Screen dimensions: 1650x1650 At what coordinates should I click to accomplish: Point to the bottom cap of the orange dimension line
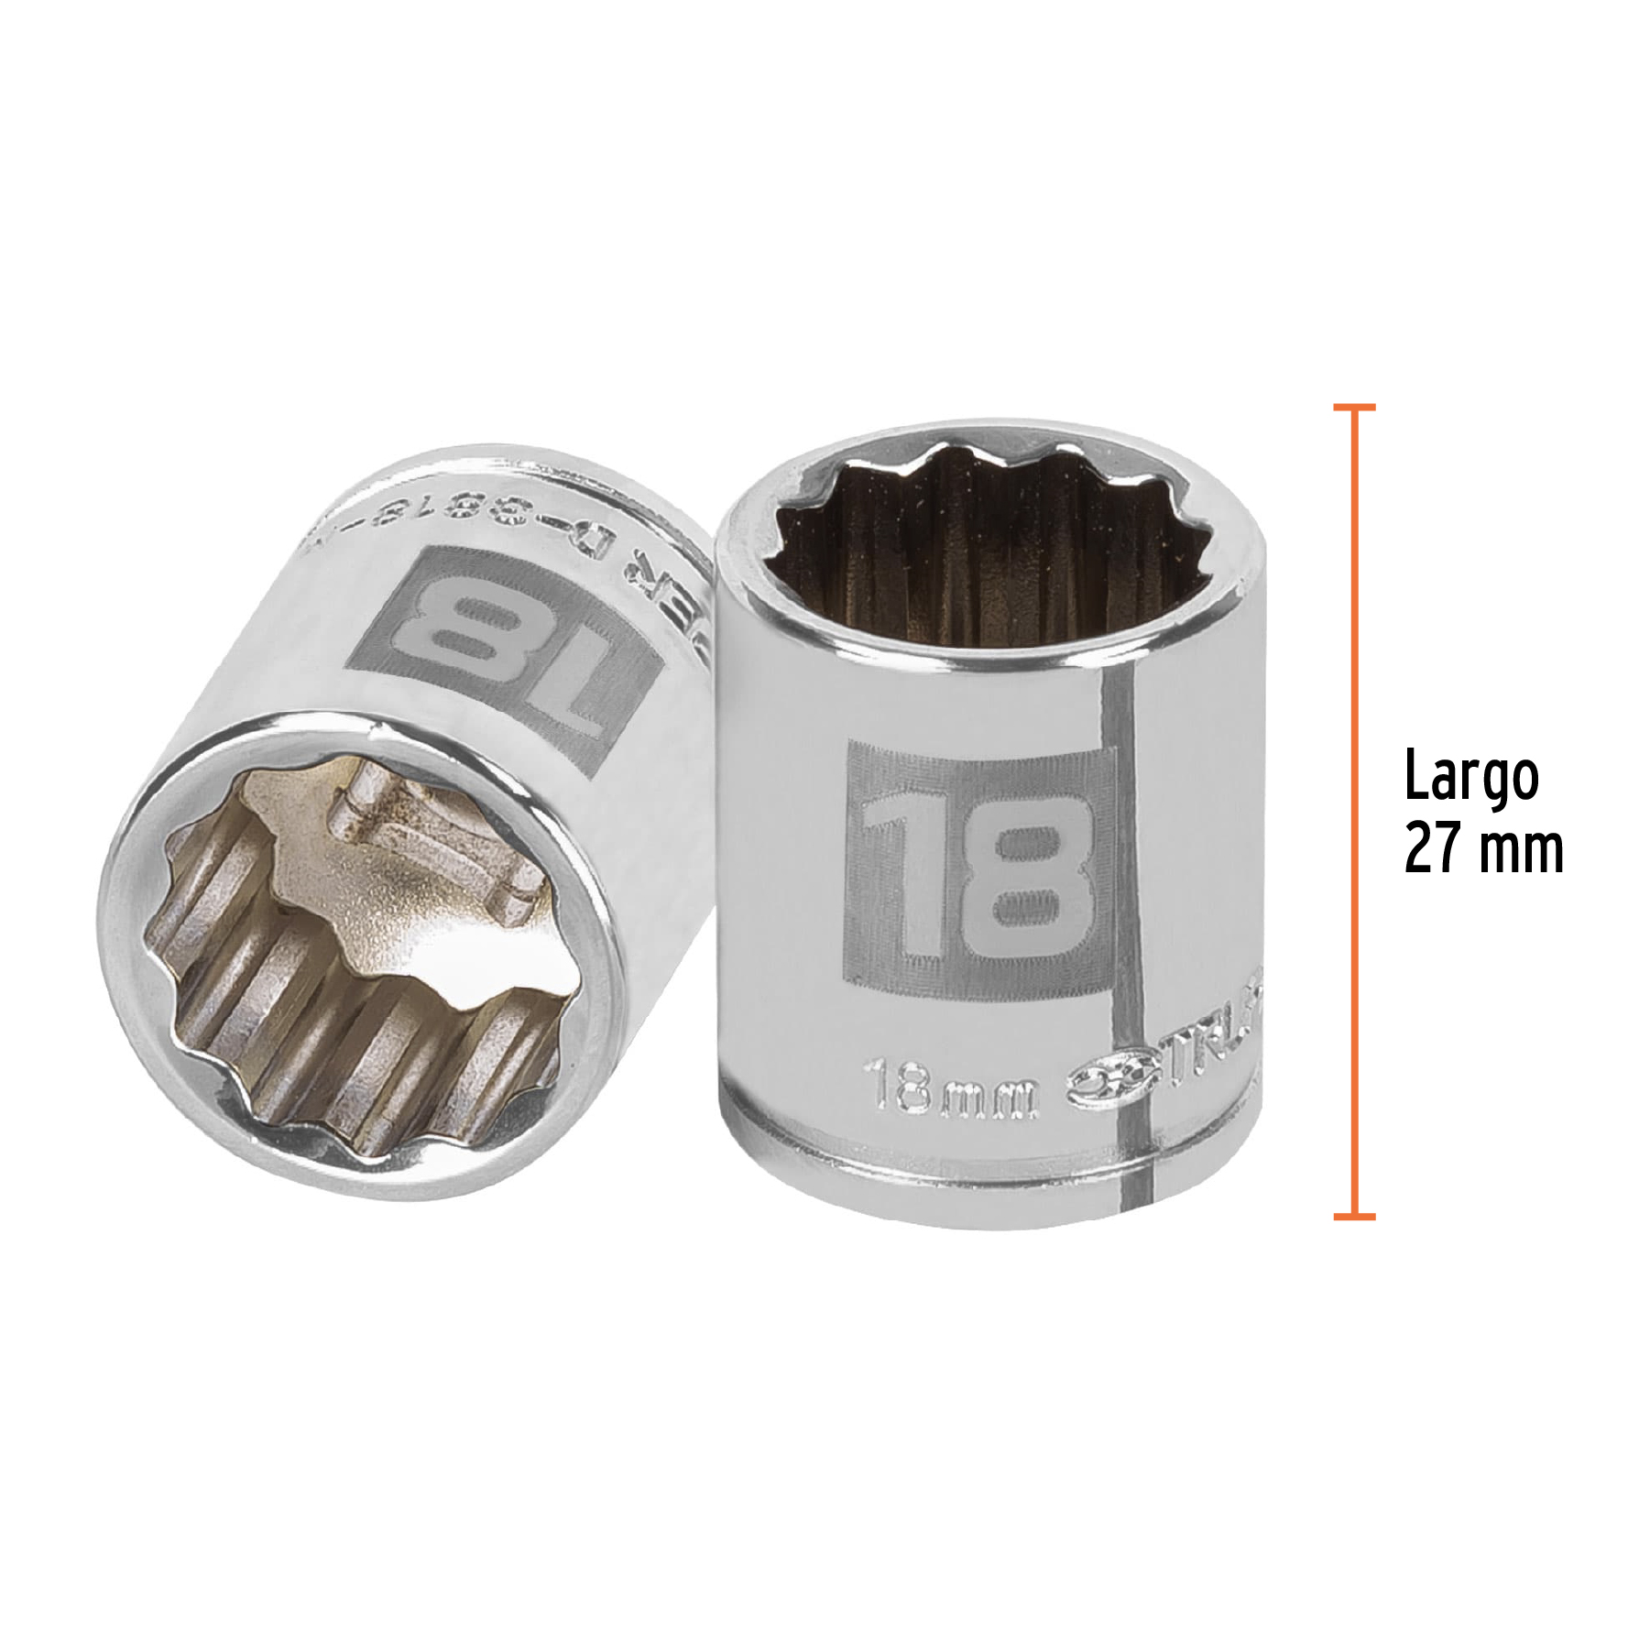click(x=1354, y=1217)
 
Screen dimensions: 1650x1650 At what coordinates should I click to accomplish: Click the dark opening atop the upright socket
click(x=989, y=550)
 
